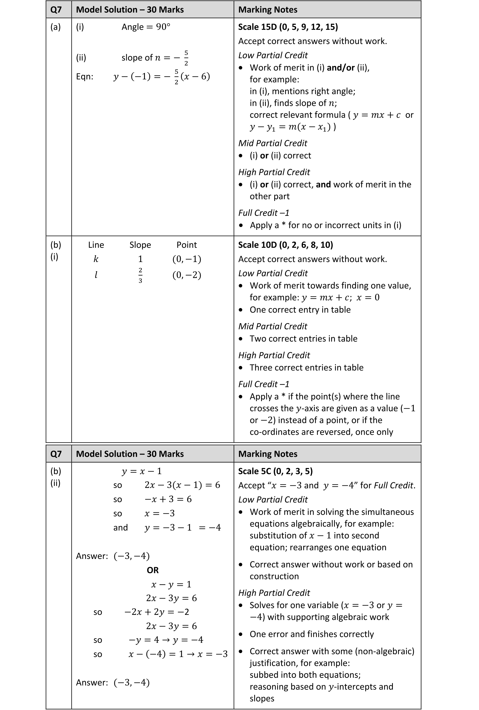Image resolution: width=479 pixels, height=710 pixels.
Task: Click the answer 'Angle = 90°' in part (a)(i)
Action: (146, 27)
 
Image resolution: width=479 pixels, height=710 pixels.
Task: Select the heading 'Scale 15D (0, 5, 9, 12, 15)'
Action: (288, 27)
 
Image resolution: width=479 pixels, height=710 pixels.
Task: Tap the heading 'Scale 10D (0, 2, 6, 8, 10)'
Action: (285, 245)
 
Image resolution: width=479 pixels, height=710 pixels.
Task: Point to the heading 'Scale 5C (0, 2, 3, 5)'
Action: (275, 471)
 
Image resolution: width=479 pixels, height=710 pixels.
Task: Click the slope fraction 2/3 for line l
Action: (140, 275)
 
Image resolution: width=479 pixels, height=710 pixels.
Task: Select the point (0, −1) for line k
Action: (187, 259)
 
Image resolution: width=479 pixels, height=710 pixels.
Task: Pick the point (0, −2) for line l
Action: (187, 275)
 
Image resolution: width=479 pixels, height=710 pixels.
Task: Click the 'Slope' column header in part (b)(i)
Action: (140, 245)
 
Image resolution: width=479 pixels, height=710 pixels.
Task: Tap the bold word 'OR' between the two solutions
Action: (153, 570)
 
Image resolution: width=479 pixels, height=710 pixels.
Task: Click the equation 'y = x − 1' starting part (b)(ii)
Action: (141, 471)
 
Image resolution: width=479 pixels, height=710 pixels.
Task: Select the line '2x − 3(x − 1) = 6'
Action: (182, 485)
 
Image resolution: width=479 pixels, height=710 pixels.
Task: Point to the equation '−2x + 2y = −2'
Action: (157, 612)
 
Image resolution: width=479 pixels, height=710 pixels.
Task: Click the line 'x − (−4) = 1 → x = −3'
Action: (178, 654)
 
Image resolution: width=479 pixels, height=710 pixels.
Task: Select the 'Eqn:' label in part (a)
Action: (85, 76)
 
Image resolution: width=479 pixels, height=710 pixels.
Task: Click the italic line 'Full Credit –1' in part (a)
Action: (264, 213)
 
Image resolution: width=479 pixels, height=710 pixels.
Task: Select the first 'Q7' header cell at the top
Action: (56, 10)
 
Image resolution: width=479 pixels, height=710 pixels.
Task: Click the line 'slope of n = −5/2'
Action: (155, 57)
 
